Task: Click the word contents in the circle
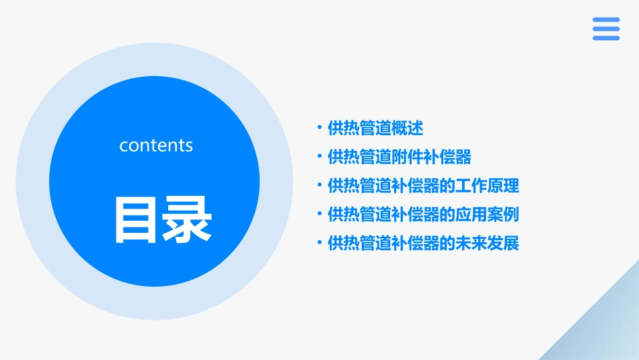156,145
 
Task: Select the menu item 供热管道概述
375,128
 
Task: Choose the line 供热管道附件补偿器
400,157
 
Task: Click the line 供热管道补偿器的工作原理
423,186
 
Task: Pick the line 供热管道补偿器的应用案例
423,215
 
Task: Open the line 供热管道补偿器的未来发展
423,244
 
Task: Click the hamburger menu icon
606,29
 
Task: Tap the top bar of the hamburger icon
606,20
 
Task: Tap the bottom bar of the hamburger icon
606,38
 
